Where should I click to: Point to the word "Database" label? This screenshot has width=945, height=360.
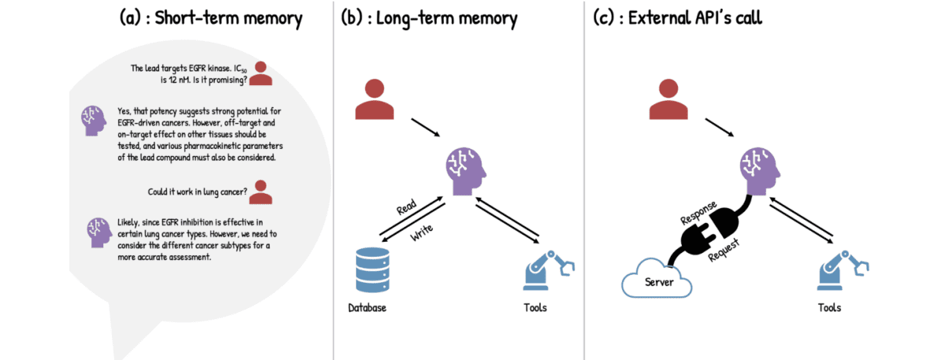tap(367, 307)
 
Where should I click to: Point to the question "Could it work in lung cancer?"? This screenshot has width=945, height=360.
tap(197, 192)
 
